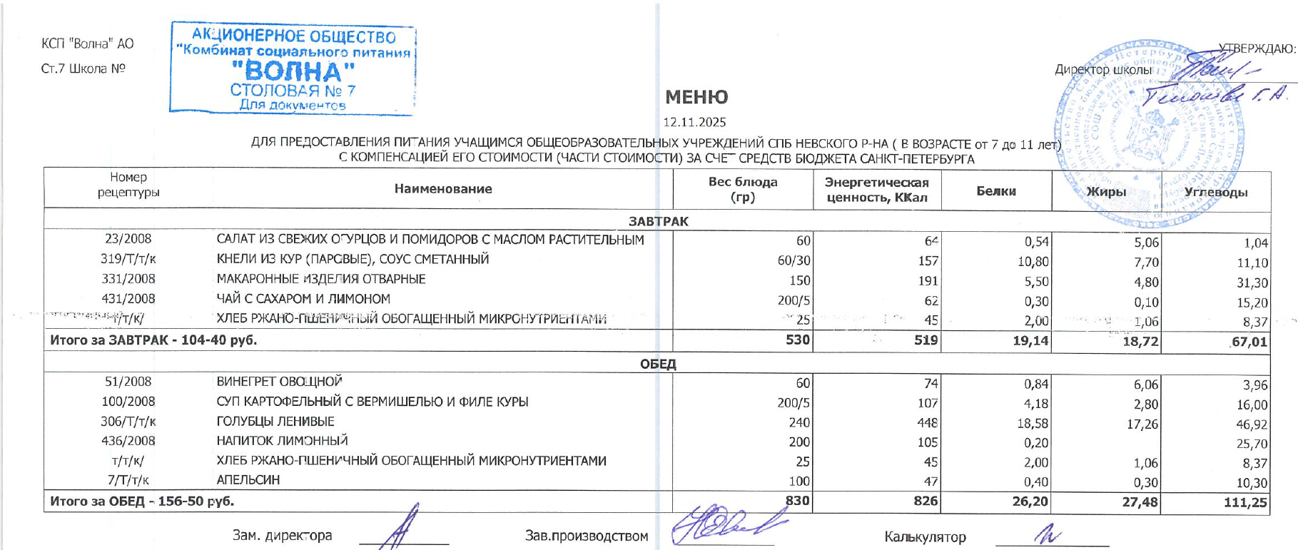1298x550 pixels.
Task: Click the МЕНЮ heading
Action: [696, 97]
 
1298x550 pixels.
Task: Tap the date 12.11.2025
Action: [694, 122]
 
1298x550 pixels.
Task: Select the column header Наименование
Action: [443, 189]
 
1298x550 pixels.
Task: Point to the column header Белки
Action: [996, 191]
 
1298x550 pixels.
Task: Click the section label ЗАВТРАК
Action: [658, 221]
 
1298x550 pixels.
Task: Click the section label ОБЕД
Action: [658, 364]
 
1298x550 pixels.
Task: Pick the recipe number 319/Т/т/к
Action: [128, 259]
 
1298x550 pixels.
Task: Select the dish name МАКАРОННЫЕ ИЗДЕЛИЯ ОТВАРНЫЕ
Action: [321, 279]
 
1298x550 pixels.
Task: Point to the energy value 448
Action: [928, 423]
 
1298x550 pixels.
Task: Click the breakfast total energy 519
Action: [926, 340]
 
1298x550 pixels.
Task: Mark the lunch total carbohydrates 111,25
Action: [1245, 503]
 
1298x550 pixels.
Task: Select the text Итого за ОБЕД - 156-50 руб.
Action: [142, 501]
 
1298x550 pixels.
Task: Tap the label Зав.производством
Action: [587, 536]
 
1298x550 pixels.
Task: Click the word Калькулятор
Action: [925, 537]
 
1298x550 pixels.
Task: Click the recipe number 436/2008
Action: [128, 441]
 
